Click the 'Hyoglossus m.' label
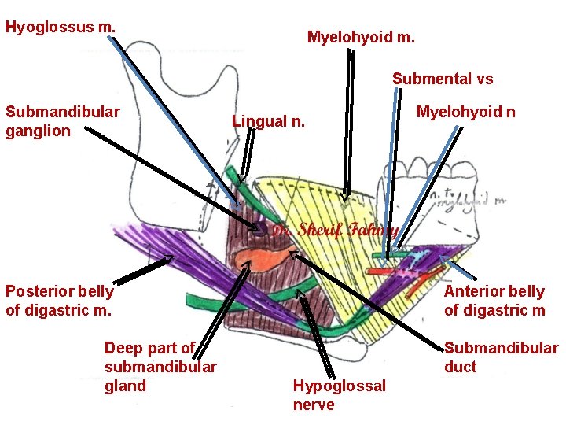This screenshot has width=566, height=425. [61, 27]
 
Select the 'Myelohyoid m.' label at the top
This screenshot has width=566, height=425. [361, 37]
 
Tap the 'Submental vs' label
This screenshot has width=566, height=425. [443, 79]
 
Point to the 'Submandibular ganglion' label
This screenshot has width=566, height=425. [62, 120]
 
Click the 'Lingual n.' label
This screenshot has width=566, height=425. [267, 121]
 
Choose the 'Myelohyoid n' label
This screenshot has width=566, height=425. [465, 112]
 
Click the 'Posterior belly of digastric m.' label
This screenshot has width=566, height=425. [59, 301]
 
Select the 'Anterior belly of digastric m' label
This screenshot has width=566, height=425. [494, 301]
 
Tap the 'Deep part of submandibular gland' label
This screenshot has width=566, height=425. [160, 367]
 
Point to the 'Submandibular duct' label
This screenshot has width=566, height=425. [501, 357]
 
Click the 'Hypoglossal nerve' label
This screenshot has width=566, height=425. [339, 395]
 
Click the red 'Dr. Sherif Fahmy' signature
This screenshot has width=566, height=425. [336, 231]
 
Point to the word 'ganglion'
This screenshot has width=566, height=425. [38, 131]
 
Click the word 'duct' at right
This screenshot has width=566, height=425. [460, 367]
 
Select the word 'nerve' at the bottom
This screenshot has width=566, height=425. [313, 405]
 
